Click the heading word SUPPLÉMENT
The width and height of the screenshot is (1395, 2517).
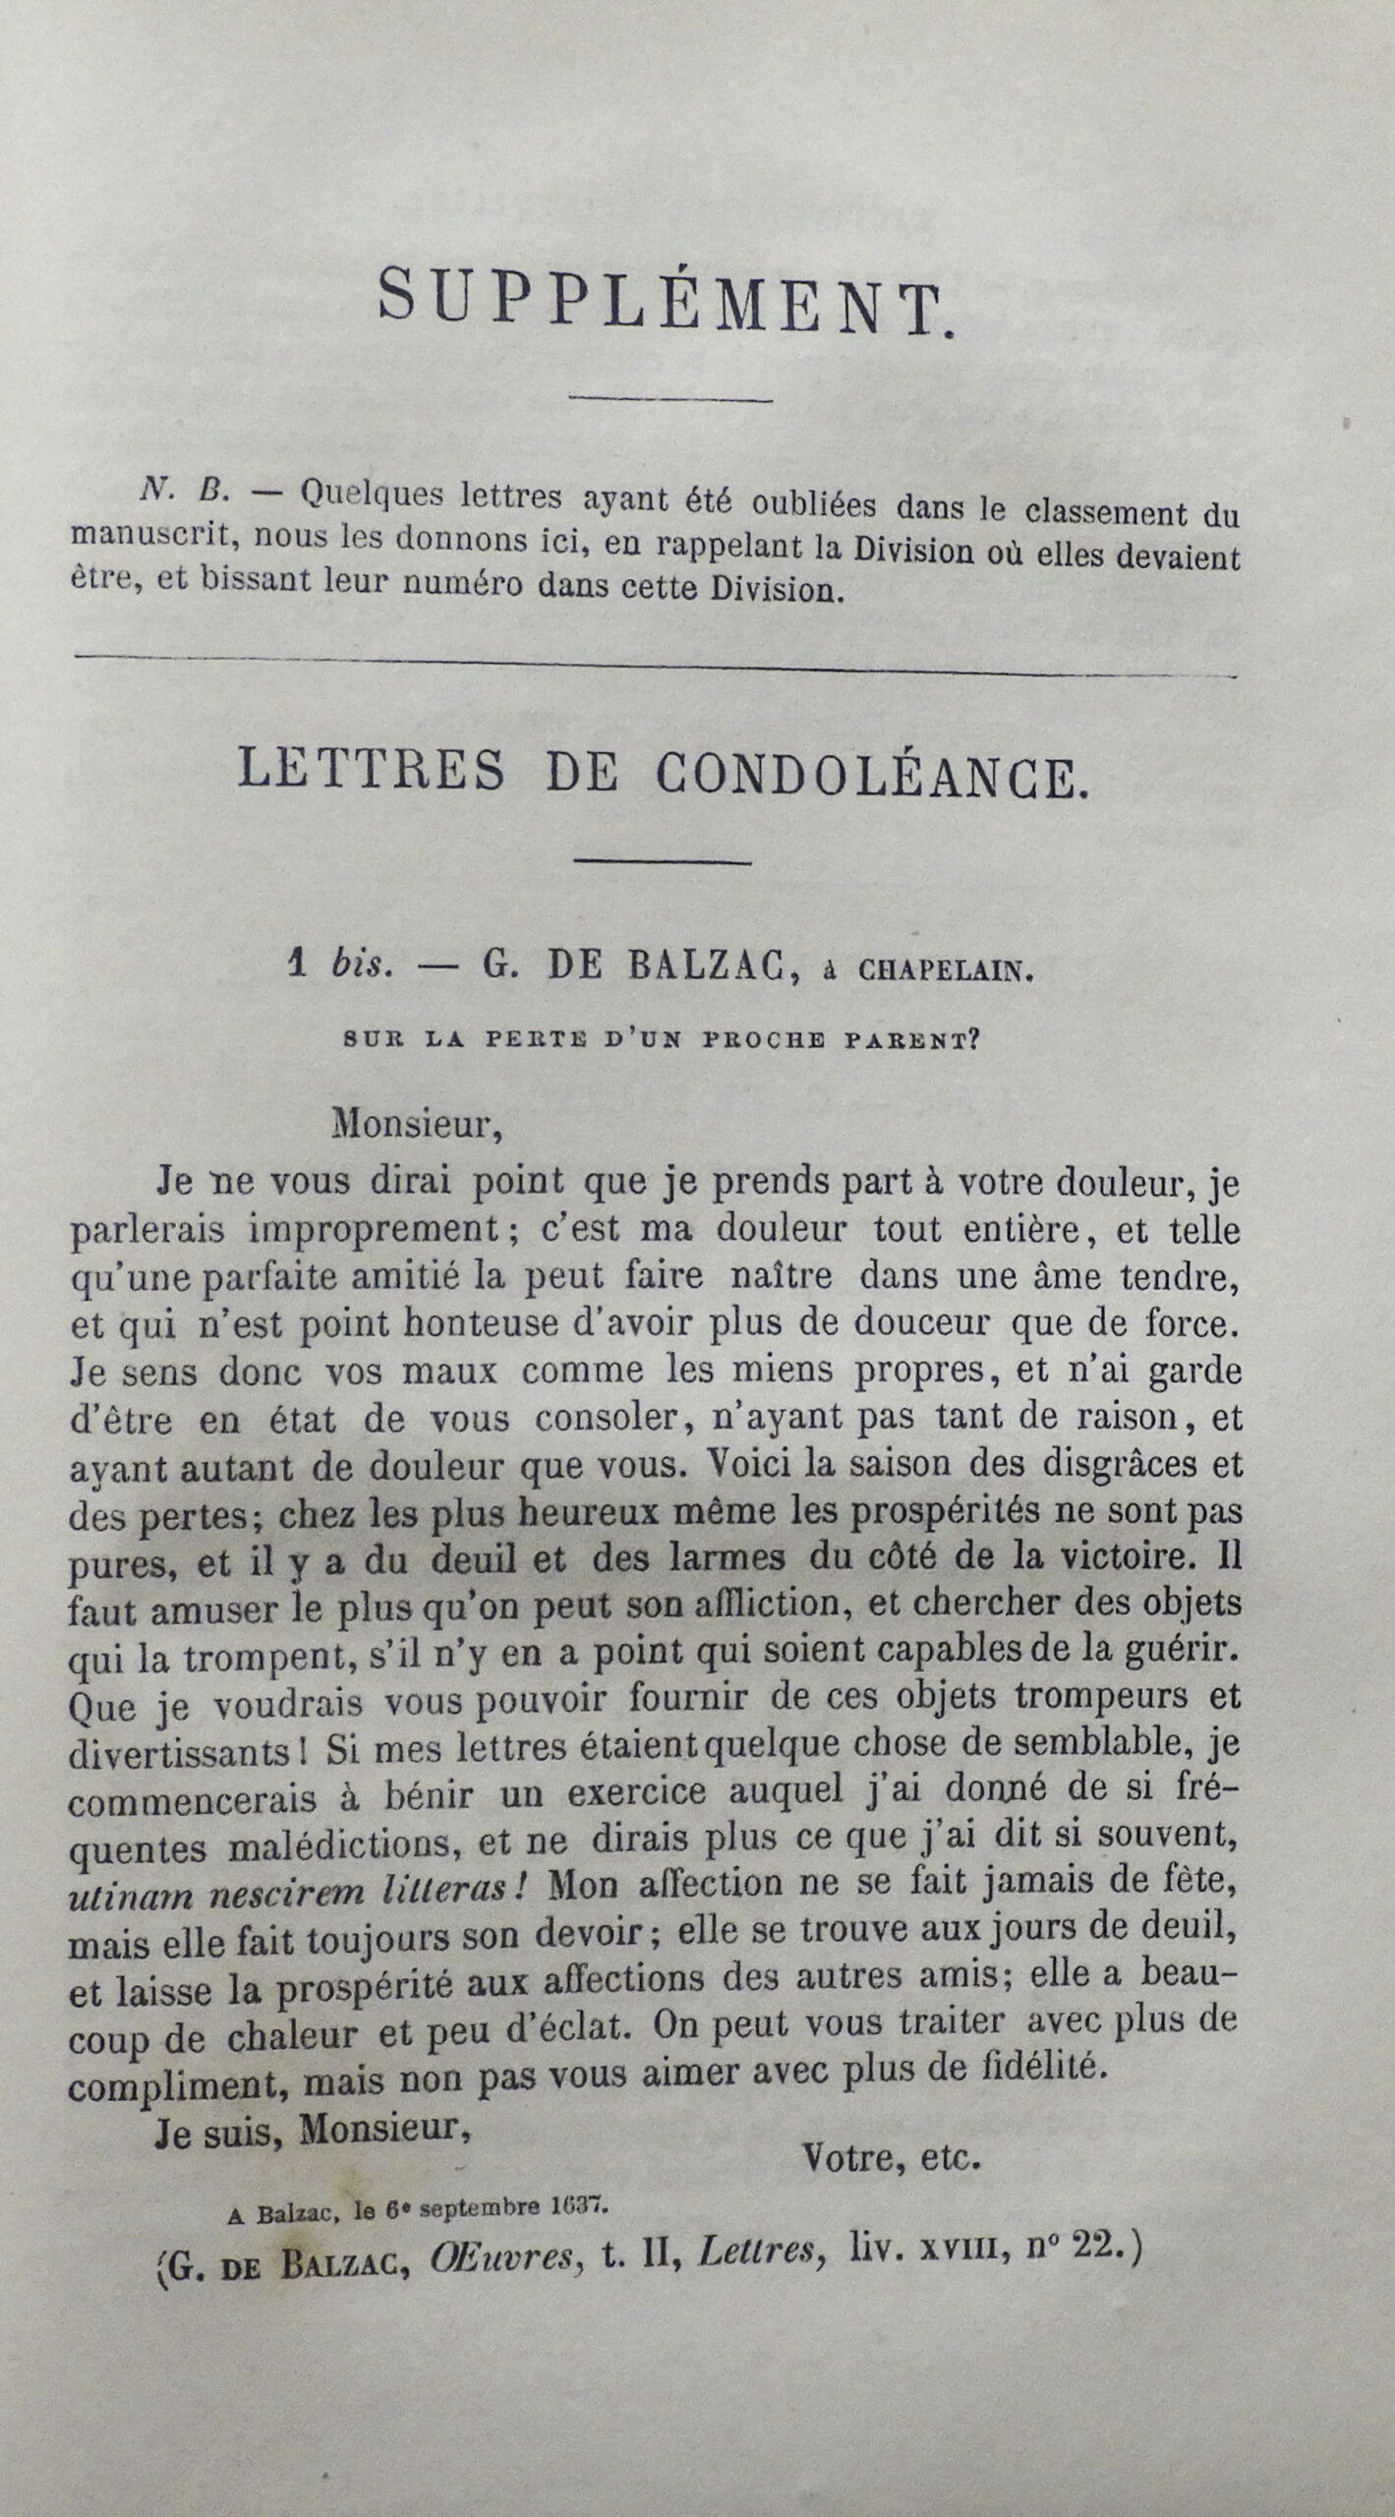coord(666,304)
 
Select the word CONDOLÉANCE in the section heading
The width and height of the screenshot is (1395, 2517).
coord(871,774)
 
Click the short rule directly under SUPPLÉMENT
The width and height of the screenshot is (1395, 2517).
coord(671,398)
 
